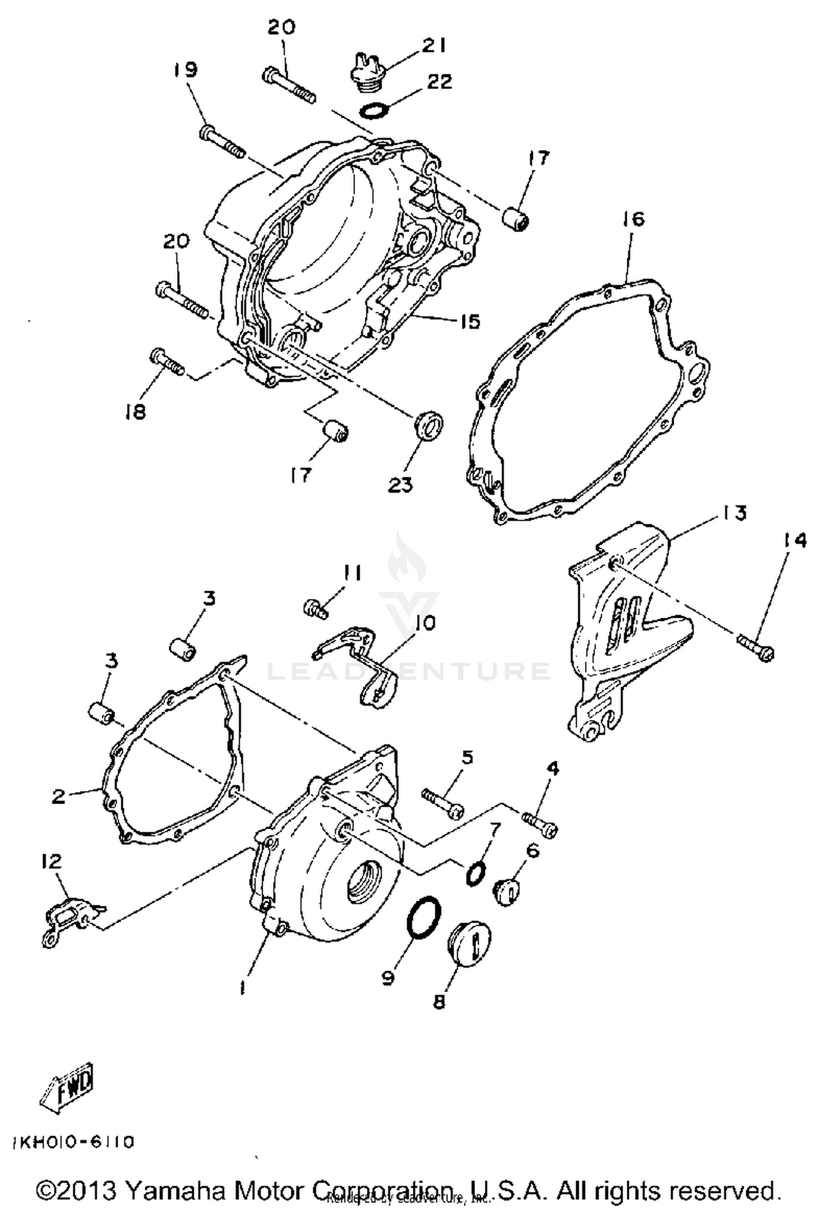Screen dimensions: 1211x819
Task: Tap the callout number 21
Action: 434,45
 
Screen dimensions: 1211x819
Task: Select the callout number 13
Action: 734,513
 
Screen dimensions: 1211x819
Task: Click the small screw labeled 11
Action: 316,608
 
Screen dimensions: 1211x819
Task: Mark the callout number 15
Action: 470,322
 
